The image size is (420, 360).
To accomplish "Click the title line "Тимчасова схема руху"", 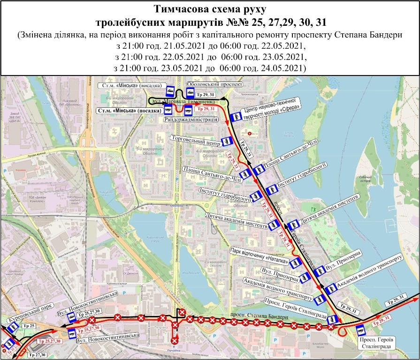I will (x=210, y=9).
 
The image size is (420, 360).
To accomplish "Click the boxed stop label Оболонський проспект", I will (x=214, y=85).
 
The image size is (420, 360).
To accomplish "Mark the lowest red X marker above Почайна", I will (x=175, y=340).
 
